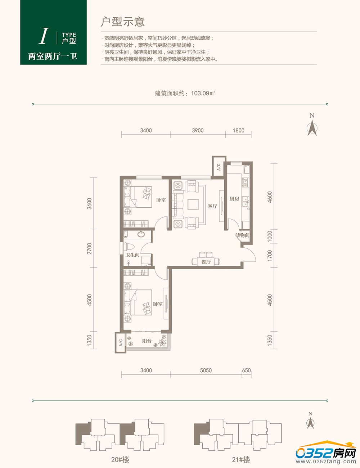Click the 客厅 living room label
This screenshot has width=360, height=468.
tap(212, 206)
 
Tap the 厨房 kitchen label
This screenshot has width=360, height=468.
tap(234, 199)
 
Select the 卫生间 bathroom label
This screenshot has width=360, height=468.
tap(132, 255)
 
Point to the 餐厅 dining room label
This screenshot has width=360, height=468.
tap(206, 262)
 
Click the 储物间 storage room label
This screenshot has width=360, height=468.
tap(242, 235)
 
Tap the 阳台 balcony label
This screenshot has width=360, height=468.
tap(147, 341)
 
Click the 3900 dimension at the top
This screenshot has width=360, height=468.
tap(198, 130)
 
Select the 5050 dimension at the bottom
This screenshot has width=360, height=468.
tap(206, 370)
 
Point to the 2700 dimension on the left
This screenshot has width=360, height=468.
tap(89, 248)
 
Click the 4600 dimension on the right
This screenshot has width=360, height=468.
tap(270, 197)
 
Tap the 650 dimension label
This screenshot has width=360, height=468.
tap(246, 370)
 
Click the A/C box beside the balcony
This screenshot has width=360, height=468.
tap(121, 343)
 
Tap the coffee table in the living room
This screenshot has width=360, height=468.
tap(193, 204)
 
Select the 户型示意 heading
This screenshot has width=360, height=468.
tap(122, 22)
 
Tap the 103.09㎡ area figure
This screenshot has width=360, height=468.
tap(203, 93)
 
